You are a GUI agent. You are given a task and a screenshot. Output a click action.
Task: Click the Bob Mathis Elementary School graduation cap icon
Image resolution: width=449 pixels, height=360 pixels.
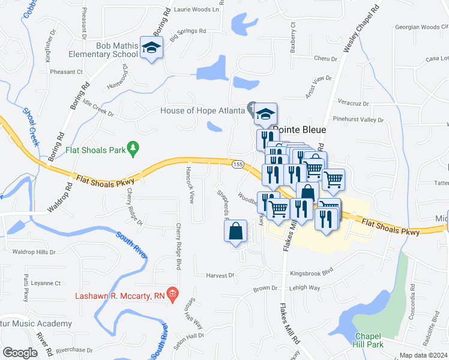click(152, 48)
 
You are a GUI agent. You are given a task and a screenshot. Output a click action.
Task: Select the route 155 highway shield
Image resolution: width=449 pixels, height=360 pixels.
click(238, 163)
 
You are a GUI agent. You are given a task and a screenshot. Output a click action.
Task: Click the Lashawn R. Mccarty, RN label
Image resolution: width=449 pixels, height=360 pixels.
click(120, 295)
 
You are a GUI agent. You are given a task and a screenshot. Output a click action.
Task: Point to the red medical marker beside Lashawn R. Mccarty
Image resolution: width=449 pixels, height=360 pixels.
click(173, 294)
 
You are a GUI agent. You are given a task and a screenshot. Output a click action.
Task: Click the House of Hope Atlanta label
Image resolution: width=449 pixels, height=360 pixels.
click(202, 110)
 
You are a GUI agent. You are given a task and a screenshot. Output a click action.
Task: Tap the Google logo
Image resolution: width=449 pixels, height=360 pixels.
click(20, 353)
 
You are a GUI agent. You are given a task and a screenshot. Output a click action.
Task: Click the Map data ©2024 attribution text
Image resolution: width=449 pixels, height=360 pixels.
click(423, 355)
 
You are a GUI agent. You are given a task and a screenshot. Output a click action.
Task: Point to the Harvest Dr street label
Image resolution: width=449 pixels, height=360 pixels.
click(220, 275)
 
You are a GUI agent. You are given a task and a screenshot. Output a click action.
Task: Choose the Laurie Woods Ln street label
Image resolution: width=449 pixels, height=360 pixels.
click(196, 10)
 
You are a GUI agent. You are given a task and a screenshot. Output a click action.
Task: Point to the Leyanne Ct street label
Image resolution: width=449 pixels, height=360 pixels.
click(46, 283)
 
